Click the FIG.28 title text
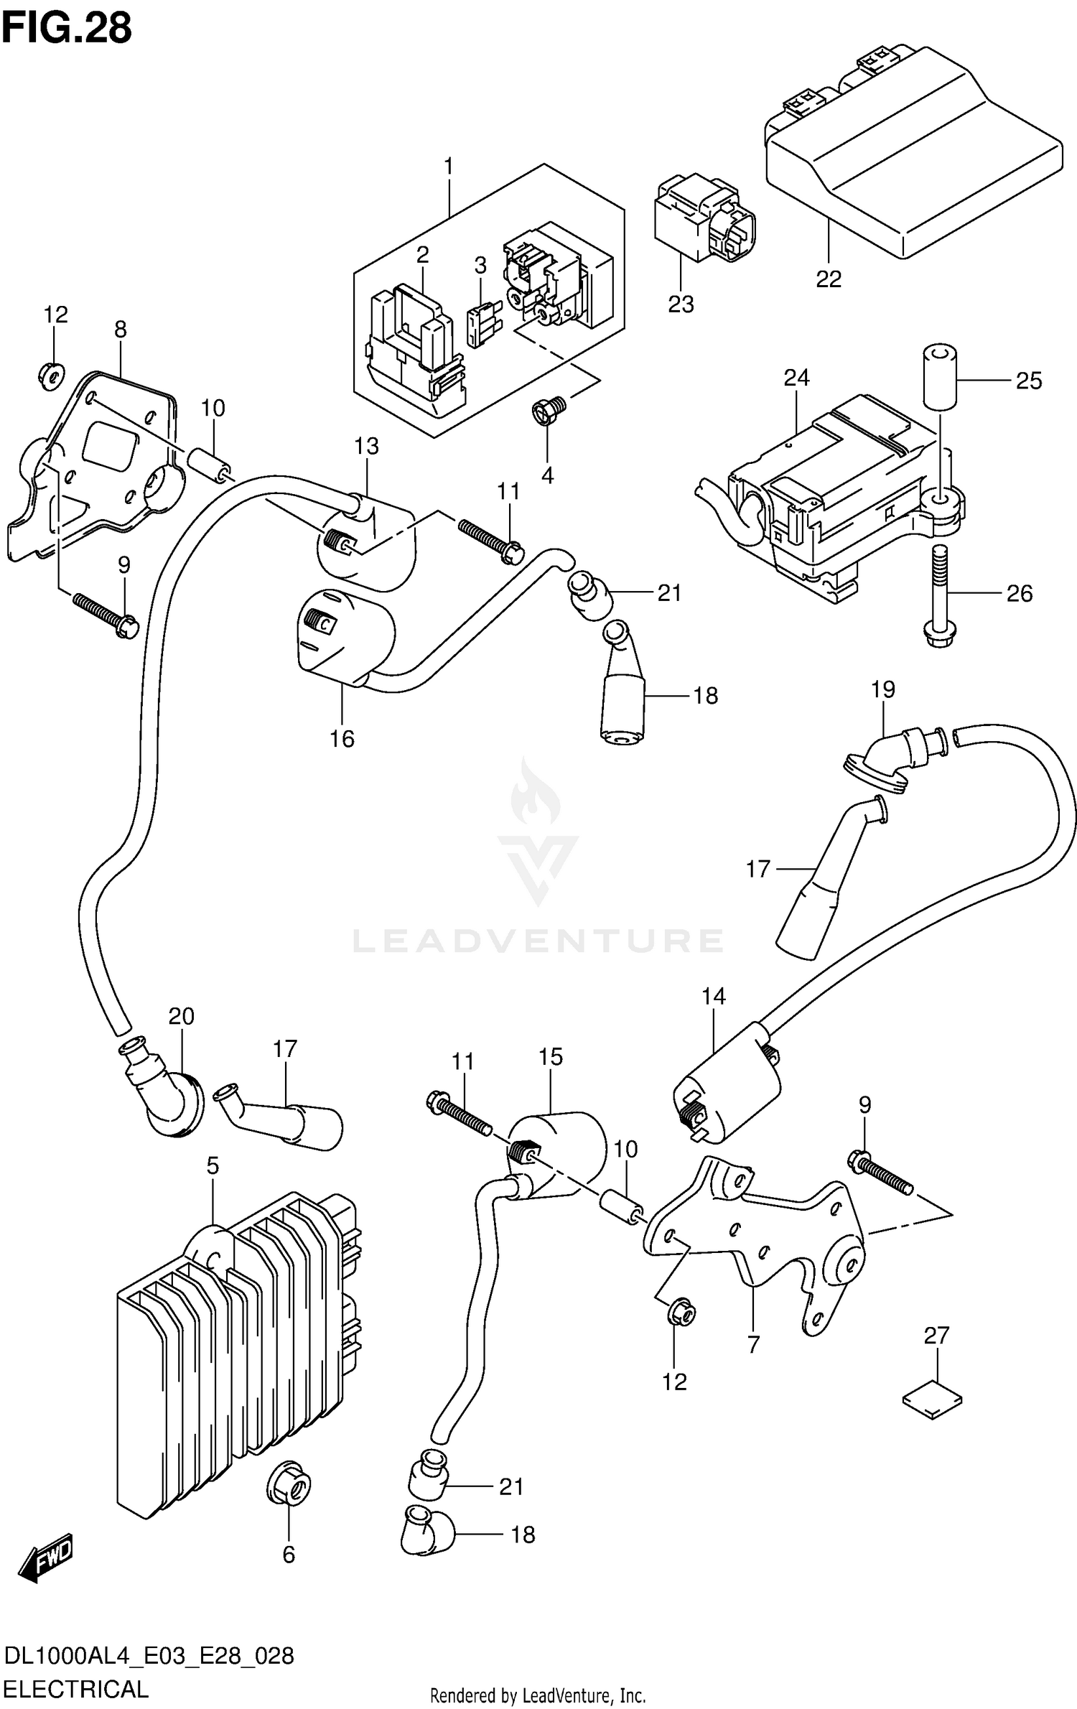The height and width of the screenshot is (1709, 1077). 67,29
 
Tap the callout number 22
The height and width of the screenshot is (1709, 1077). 828,279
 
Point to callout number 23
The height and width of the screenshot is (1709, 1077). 681,304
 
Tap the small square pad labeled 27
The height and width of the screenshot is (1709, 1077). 932,1399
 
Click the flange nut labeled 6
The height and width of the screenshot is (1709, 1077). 289,1484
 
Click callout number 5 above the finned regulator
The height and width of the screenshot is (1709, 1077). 213,1165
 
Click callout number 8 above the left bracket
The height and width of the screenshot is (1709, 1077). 121,329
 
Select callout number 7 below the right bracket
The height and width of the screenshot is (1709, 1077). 753,1344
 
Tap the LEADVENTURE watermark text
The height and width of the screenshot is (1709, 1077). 538,940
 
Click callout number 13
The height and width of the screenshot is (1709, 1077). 366,446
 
